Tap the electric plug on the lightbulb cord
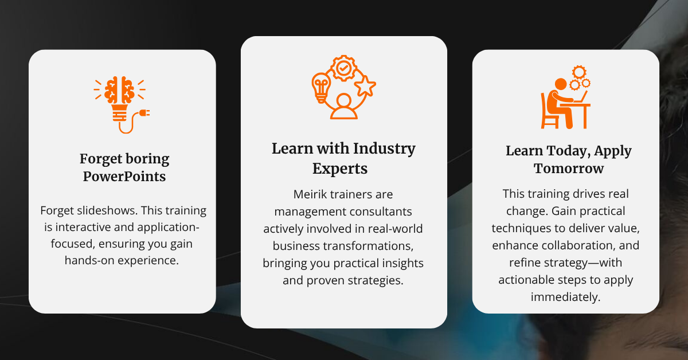tap(144, 114)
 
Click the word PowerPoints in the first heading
tap(124, 177)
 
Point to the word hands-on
tap(92, 260)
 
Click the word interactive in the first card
tap(88, 227)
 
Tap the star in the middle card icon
tap(365, 87)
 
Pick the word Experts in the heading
tap(340, 169)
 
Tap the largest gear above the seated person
tap(580, 72)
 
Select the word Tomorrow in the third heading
tap(569, 169)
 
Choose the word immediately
tap(565, 297)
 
